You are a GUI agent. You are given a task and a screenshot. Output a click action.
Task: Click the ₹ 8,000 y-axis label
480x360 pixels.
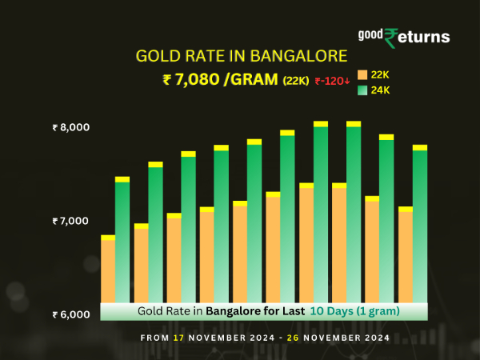tap(71, 127)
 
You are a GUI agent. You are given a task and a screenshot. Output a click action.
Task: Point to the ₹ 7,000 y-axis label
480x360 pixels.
tap(71, 221)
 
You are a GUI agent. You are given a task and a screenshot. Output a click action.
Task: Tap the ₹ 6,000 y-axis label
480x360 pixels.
tap(71, 314)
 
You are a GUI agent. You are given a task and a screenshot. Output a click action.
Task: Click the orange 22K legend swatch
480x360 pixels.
tap(362, 74)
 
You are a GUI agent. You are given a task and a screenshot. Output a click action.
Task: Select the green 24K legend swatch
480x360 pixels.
tap(362, 90)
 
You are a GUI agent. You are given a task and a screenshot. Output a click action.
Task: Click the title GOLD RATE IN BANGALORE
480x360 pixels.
tap(242, 56)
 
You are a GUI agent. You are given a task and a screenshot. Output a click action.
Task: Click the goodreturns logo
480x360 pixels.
tap(403, 37)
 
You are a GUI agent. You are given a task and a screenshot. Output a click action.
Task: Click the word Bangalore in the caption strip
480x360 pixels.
tap(232, 310)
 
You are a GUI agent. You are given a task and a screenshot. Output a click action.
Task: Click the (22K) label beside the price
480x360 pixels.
tap(295, 80)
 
